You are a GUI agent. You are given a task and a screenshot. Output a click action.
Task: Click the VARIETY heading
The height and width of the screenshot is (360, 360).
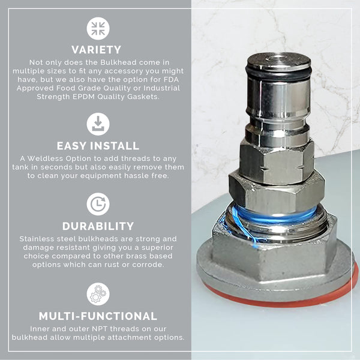click(x=97, y=50)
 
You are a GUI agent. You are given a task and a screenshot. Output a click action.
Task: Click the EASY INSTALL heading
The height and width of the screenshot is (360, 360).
click(x=98, y=146)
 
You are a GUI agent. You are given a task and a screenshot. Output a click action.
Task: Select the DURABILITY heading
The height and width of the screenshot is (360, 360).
click(x=98, y=226)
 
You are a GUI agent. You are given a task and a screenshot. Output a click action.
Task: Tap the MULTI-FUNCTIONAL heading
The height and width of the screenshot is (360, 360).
click(x=98, y=316)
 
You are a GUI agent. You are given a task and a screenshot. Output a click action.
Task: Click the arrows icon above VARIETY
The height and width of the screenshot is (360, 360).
click(x=98, y=28)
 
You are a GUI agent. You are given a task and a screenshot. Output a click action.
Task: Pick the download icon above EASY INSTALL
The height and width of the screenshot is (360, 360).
click(x=98, y=124)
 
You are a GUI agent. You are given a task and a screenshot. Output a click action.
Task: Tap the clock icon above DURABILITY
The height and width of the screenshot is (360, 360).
click(x=98, y=204)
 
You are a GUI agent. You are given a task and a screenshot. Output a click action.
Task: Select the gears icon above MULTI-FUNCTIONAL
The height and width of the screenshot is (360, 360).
click(x=98, y=293)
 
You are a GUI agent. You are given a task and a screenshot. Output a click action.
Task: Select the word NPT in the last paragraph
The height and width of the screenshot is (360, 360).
click(x=88, y=328)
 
